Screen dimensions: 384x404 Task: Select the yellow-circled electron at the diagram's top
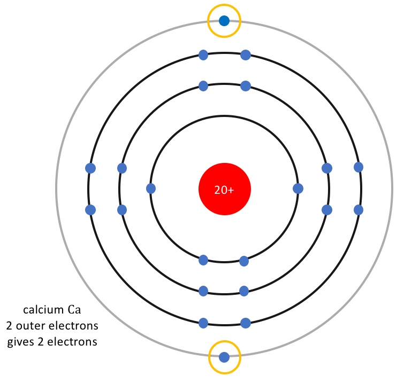point(224,21)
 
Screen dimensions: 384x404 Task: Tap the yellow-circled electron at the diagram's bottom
point(224,357)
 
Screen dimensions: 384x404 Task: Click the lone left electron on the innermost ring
point(151,189)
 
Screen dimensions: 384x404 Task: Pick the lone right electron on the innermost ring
point(298,189)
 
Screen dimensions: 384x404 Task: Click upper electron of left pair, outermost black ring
point(90,168)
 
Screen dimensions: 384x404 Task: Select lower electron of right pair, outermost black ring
point(359,210)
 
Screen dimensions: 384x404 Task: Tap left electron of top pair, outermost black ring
point(203,54)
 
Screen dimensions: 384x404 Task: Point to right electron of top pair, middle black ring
point(246,85)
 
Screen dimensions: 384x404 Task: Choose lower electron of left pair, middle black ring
point(122,210)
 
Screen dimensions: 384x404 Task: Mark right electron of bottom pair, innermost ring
point(244,261)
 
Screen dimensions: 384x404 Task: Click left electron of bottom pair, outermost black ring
point(203,323)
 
